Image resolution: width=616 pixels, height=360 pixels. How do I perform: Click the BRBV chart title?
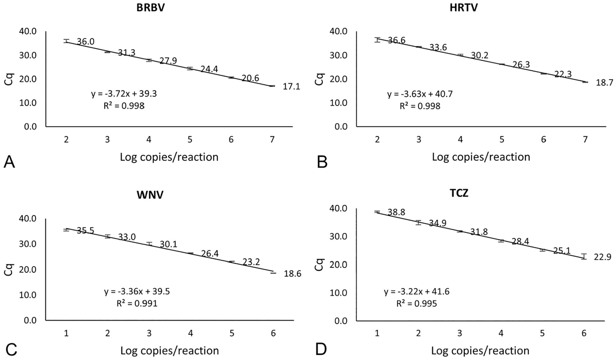tap(151, 8)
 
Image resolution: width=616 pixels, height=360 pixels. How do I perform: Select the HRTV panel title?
tap(464, 8)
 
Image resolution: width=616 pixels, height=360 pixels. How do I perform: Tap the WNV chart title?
tap(150, 195)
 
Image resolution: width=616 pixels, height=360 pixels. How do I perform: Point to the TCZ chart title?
tap(459, 193)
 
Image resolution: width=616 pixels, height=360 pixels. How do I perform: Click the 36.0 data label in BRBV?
tap(86, 42)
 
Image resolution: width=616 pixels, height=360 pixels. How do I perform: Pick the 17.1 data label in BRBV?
tap(291, 86)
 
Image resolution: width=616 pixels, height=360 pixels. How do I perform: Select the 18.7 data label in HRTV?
tap(605, 83)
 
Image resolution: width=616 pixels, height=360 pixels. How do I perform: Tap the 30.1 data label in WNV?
tap(169, 244)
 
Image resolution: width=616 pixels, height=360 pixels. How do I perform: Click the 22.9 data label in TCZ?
tap(603, 257)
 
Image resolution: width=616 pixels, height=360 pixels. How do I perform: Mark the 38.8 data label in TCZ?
tap(396, 212)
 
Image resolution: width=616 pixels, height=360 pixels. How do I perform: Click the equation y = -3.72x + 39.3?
tap(124, 94)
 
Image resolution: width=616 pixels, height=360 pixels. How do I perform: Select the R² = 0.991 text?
tap(137, 303)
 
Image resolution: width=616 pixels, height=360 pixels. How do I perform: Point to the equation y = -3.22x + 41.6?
tap(417, 292)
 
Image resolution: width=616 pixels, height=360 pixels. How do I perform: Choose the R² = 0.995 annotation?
tap(416, 303)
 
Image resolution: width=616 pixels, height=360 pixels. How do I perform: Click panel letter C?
tap(11, 349)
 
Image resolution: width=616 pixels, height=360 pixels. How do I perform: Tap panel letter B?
tap(322, 162)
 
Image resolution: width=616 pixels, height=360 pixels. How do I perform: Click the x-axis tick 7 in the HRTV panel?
tap(585, 140)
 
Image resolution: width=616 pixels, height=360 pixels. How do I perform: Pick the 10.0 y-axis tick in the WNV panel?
tap(28, 295)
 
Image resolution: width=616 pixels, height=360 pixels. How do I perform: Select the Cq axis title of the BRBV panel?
tap(9, 79)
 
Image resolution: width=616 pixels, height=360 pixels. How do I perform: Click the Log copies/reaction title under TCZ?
tap(480, 351)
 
